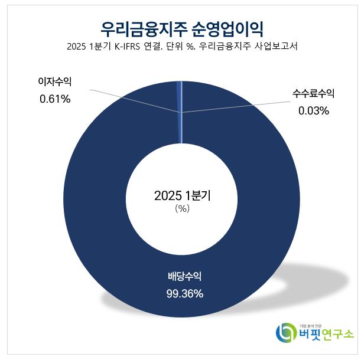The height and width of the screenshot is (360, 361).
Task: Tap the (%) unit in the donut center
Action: (181, 208)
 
